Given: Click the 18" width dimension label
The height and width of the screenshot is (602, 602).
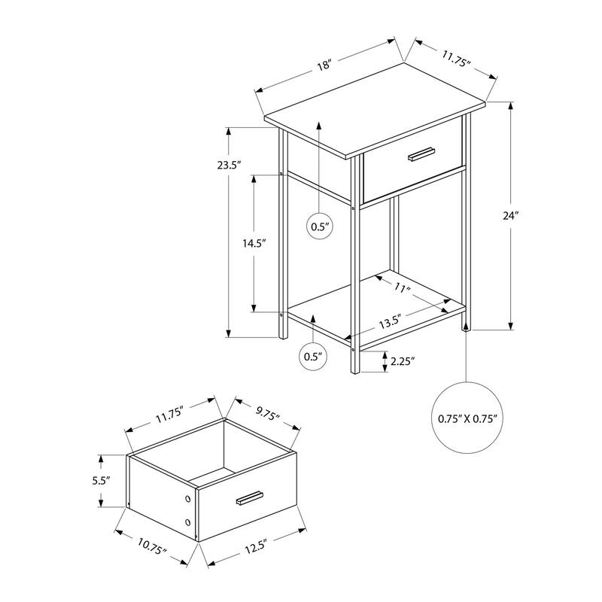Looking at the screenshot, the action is click(x=324, y=65).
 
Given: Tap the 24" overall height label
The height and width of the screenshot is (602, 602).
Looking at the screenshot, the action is click(x=511, y=216).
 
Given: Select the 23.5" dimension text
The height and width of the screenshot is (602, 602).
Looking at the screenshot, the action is click(x=229, y=166).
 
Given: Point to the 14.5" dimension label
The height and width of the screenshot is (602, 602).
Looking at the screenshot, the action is click(x=254, y=243).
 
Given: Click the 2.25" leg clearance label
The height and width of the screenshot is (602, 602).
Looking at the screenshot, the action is click(x=403, y=361).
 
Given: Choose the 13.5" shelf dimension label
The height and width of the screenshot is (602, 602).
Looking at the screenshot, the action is click(x=391, y=322).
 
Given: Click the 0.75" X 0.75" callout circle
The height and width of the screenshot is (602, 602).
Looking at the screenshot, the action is click(x=467, y=418).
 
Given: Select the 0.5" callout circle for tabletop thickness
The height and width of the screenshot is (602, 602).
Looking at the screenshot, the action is click(x=319, y=227).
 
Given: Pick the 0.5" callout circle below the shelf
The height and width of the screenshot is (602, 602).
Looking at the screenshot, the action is click(x=312, y=357).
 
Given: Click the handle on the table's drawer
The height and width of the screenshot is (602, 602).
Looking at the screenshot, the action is click(x=421, y=154).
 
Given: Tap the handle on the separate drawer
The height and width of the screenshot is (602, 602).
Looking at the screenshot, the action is click(x=250, y=498).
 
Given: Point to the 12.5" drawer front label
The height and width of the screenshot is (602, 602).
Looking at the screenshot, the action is click(x=256, y=547).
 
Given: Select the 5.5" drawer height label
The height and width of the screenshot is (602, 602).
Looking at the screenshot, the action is click(x=101, y=481).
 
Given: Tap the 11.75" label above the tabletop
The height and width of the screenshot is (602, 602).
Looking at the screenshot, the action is click(x=456, y=59).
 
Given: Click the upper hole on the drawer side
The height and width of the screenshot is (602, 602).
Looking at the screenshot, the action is click(x=187, y=499).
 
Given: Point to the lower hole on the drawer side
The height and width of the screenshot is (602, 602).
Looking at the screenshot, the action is click(x=187, y=522).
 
